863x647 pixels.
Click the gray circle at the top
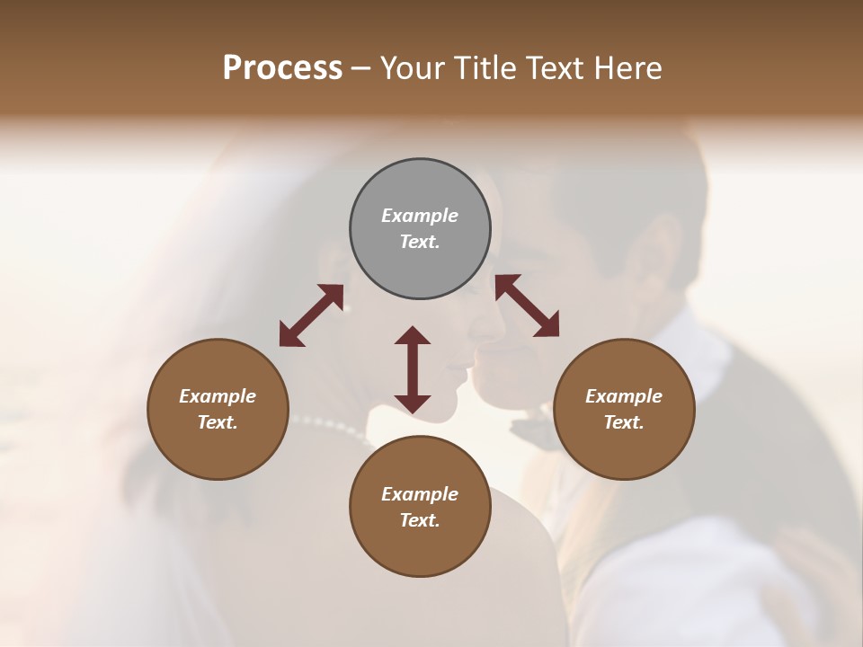[x=420, y=229]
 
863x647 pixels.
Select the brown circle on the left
[x=218, y=409]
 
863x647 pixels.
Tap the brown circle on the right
[x=624, y=409]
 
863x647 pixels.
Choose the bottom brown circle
[x=420, y=507]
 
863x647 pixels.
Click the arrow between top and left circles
[x=311, y=315]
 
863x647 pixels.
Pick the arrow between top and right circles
[x=527, y=306]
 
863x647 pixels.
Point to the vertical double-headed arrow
[x=413, y=369]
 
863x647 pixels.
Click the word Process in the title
[x=282, y=67]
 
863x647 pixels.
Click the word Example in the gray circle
[x=420, y=216]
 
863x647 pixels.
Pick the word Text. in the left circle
[x=218, y=422]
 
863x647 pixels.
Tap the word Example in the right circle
[x=624, y=396]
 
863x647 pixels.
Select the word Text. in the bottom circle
[x=420, y=520]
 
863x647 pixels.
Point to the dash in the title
[x=361, y=68]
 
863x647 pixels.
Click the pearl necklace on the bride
[x=333, y=426]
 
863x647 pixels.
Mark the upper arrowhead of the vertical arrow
[x=413, y=336]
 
